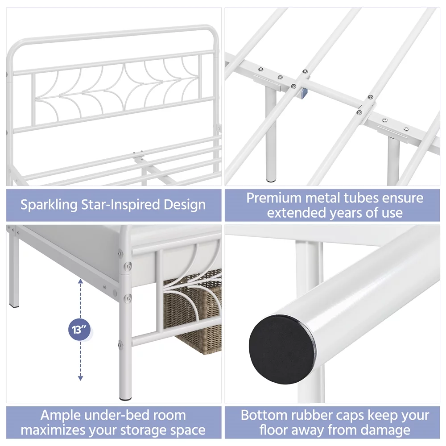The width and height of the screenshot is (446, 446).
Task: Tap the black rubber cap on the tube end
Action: tap(282, 349)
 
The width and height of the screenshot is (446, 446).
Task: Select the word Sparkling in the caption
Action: tap(49, 205)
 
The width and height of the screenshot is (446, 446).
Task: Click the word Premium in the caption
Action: tap(274, 198)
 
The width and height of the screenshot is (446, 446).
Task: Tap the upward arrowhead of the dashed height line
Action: tap(80, 281)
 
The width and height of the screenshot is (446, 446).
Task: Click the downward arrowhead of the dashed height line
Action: tap(80, 378)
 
